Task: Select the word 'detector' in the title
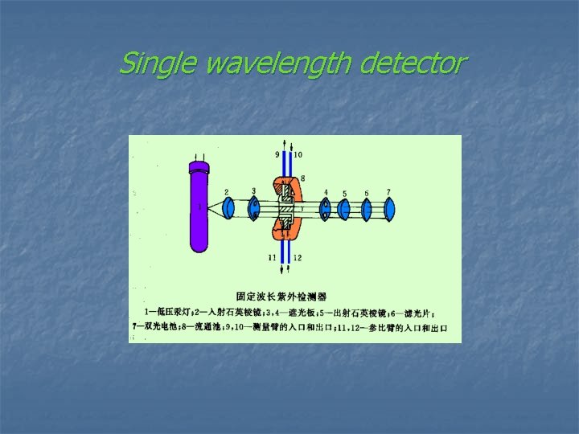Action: [x=412, y=62]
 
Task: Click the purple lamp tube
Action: [x=199, y=213]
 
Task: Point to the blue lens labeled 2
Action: [x=228, y=208]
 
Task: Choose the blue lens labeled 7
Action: [x=389, y=209]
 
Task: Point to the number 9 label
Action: [x=278, y=154]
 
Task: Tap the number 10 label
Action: [x=298, y=154]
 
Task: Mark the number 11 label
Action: [x=273, y=257]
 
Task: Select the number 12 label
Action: [x=298, y=257]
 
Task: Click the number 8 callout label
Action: [x=302, y=177]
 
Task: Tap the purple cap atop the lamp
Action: [x=199, y=168]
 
